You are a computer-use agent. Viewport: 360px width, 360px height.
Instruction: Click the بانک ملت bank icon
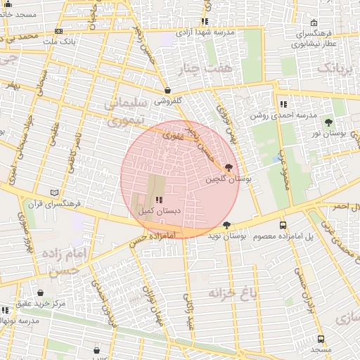[58, 31]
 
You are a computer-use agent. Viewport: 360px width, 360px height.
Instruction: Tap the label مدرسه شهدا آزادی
[204, 32]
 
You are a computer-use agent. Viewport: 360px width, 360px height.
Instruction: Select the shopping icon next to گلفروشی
[167, 91]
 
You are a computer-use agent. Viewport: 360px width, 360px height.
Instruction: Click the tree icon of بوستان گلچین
[228, 167]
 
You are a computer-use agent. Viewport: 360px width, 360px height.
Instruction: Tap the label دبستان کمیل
[159, 210]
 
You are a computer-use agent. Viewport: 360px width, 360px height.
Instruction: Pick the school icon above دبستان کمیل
[158, 200]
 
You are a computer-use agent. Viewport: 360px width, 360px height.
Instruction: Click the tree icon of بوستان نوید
[226, 225]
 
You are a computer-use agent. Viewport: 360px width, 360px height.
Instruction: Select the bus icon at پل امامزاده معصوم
[283, 225]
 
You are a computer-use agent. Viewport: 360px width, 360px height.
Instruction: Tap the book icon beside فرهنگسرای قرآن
[56, 193]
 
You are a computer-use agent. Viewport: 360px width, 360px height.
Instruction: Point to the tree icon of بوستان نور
[329, 122]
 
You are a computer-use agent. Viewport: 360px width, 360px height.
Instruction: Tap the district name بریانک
[333, 69]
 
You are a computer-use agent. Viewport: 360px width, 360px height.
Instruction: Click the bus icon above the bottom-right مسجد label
[321, 338]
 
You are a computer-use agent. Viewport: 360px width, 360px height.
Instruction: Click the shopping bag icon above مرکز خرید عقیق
[40, 292]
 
